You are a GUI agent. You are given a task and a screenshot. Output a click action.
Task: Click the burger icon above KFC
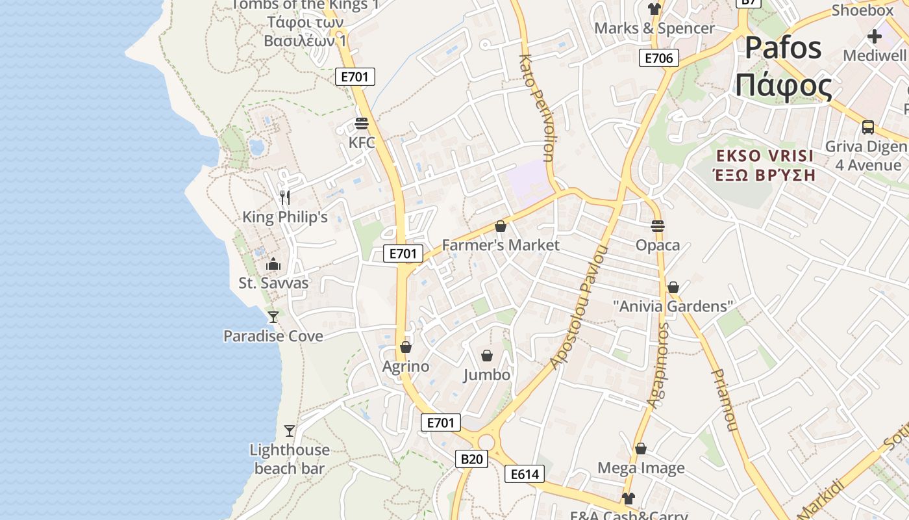coord(362,123)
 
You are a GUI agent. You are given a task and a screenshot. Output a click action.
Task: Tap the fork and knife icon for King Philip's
coord(285,197)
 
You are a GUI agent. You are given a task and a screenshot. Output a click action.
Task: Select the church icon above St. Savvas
coord(273,264)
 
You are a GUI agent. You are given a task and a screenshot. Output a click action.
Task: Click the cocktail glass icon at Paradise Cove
coord(273,317)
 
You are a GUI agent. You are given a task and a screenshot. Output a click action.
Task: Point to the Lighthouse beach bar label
coord(290,459)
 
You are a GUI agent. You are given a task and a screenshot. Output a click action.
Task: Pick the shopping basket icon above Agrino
coord(406,347)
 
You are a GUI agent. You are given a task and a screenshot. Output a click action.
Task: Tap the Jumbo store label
coord(487,375)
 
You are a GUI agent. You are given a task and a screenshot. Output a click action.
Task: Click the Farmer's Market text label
coord(500,245)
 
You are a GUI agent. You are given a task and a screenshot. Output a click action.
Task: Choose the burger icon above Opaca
coord(658,226)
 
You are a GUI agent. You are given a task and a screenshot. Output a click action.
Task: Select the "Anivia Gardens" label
coord(673,306)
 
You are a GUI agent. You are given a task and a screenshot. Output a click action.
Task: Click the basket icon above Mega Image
coord(641,448)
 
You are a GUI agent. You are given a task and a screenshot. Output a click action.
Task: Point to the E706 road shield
coord(658,58)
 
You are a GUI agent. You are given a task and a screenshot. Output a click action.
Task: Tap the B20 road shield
coord(471,459)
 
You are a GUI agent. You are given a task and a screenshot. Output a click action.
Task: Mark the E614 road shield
coord(525,474)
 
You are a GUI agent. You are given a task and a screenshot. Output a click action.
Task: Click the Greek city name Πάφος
coord(784,86)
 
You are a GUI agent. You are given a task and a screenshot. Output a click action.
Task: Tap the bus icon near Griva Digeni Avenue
coord(867,127)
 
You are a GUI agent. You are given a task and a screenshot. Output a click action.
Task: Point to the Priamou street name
coord(725,400)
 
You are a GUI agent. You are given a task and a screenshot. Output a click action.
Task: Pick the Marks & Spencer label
coord(654,29)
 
